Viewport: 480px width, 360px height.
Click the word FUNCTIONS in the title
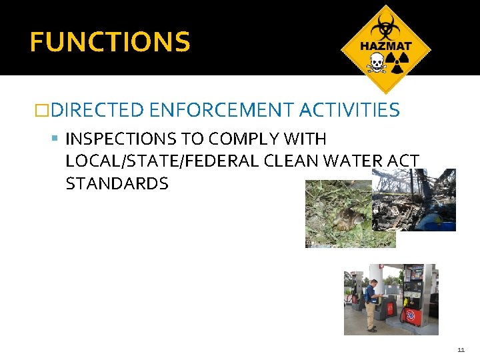[x=110, y=42]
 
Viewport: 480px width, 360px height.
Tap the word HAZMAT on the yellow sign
[x=386, y=47]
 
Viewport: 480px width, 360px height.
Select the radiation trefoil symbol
[x=397, y=65]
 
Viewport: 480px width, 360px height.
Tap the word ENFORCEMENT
[x=222, y=109]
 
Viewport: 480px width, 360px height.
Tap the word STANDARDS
[x=117, y=183]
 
